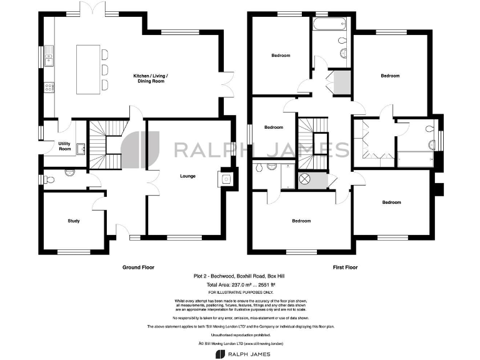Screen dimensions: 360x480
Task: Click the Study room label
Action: (74, 221)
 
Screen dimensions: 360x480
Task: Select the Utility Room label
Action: (65, 146)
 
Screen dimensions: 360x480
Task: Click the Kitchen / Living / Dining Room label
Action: (151, 79)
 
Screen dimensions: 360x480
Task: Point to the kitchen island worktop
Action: (88, 69)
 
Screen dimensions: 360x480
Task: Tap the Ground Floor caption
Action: (138, 267)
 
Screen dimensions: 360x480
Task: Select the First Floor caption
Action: (344, 267)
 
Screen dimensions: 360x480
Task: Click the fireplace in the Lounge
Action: (226, 178)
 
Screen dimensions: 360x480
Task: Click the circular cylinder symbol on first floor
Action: (306, 179)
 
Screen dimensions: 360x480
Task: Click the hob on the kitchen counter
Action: (49, 87)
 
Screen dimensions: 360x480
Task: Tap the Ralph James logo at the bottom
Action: (240, 354)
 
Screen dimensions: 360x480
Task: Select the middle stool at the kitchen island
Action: (104, 69)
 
